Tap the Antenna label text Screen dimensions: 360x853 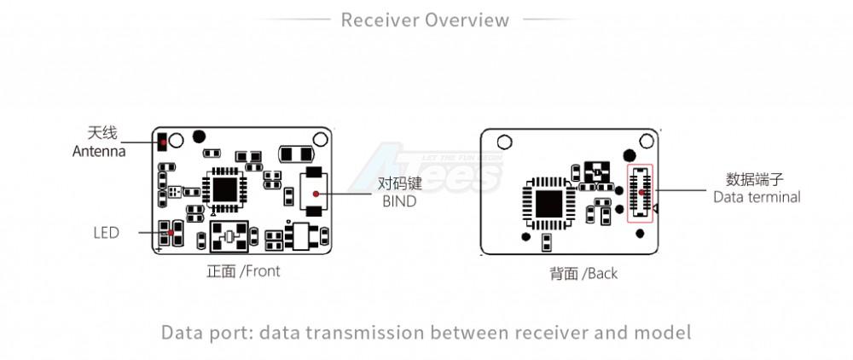click(99, 151)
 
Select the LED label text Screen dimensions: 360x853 click(106, 232)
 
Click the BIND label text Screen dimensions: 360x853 click(398, 201)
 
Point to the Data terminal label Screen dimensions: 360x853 click(757, 197)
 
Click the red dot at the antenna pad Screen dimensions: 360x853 click(161, 139)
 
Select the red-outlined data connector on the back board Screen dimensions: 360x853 click(639, 194)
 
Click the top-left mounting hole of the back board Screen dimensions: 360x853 click(505, 142)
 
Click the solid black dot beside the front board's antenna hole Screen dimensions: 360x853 click(200, 135)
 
